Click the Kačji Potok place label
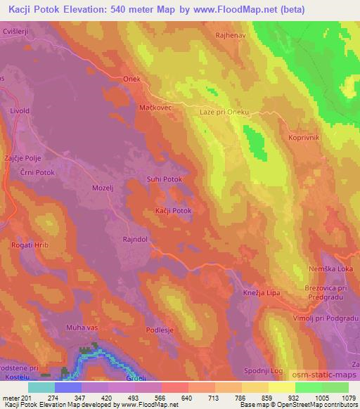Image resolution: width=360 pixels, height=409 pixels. point(173,211)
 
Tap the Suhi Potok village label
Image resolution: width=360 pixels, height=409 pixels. point(164,180)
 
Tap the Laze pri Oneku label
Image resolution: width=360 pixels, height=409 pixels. point(229,112)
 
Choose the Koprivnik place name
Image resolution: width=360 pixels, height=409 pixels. point(304,138)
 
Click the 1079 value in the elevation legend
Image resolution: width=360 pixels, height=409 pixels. point(346,398)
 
